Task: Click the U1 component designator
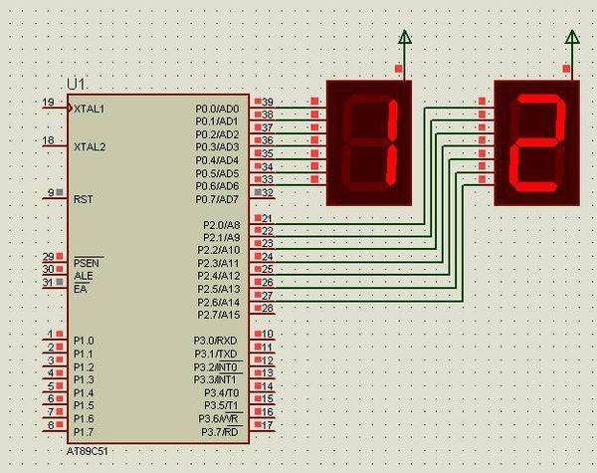[76, 85]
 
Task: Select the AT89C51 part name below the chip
[88, 452]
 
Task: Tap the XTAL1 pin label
[90, 109]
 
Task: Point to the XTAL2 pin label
[90, 147]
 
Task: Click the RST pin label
[83, 199]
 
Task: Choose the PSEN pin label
[87, 263]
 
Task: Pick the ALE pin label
[84, 276]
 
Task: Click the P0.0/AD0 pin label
[217, 109]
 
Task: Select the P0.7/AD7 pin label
[217, 199]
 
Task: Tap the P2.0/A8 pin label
[221, 225]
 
